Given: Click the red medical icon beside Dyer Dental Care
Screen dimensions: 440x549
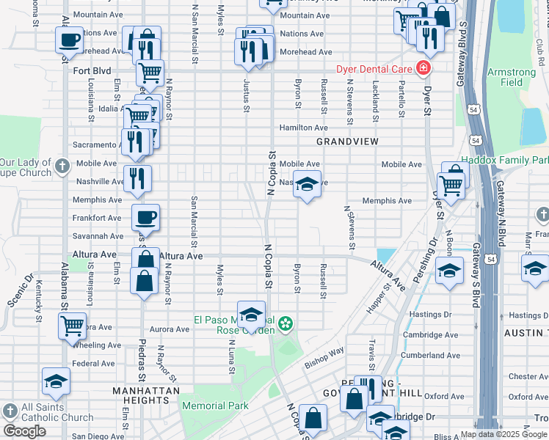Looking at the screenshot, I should coord(423,69).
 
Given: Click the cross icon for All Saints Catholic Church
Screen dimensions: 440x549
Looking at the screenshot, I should coord(9,410).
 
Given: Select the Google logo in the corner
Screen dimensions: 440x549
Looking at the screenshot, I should coord(24,431).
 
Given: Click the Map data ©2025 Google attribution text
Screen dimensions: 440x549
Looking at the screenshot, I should coord(503,434).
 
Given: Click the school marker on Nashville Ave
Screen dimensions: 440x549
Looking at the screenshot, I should coord(308,186).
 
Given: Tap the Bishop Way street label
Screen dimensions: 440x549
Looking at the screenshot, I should coord(325,356).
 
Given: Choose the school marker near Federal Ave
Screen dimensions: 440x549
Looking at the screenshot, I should coord(55,382).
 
